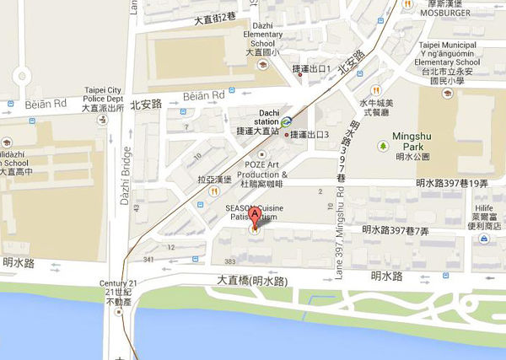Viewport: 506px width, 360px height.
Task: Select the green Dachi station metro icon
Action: [287, 121]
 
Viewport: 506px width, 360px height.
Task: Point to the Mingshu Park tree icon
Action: [382, 145]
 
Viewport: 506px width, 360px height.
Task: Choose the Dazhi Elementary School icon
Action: [262, 64]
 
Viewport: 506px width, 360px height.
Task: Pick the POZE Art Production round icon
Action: [263, 154]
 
